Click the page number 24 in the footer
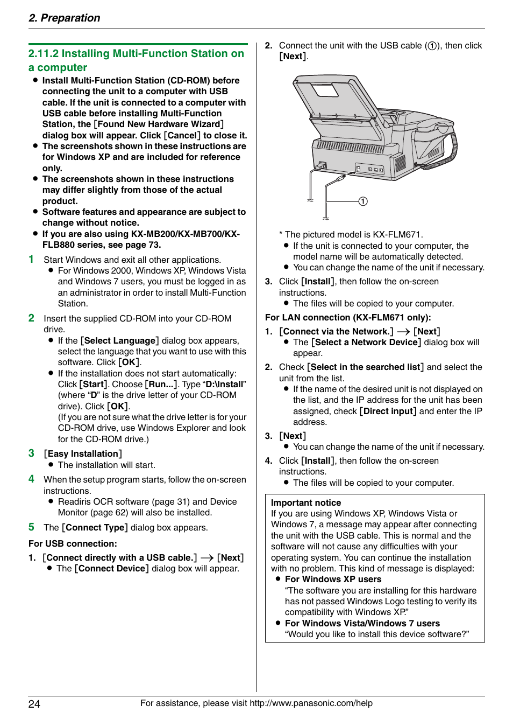tap(34, 704)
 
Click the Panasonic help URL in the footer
tap(311, 703)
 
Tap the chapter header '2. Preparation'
tap(64, 18)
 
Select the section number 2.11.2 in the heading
tap(43, 54)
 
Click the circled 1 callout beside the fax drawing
tap(363, 201)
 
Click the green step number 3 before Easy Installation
tap(32, 453)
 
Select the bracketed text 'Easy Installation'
tap(83, 454)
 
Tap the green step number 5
tap(32, 527)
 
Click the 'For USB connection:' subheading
tap(73, 543)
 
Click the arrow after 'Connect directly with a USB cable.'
tap(207, 558)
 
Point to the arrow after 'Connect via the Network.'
tap(403, 332)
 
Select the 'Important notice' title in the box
tap(306, 502)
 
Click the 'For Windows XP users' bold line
tap(333, 580)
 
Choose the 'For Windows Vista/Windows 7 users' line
tap(362, 623)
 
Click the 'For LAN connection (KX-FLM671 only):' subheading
tap(348, 318)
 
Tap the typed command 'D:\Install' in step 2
tap(225, 385)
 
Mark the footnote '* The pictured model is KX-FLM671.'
tap(351, 235)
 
